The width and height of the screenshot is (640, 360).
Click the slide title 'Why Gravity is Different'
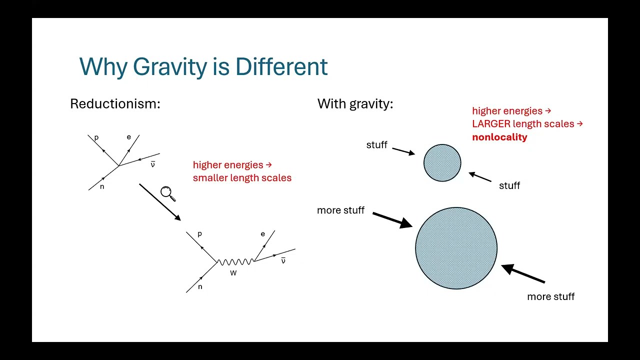[203, 66]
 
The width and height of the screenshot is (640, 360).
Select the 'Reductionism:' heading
[115, 104]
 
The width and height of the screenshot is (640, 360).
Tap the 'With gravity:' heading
[355, 104]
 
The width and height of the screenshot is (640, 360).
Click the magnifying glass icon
[167, 193]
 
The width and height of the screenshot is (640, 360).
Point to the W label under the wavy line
[233, 273]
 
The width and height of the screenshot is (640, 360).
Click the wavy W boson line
[235, 262]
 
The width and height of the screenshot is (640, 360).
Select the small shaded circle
[442, 162]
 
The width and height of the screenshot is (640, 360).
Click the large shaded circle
[456, 248]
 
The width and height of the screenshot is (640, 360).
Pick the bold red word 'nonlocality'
[499, 137]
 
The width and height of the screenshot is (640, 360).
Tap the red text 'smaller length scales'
[242, 177]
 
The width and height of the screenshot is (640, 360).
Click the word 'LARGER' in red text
[491, 123]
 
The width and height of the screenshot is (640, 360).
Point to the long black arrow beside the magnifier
[159, 202]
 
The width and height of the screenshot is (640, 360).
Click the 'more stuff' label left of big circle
[340, 210]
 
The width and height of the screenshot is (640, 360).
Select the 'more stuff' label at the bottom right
[550, 296]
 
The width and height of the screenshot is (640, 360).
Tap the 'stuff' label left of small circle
[376, 145]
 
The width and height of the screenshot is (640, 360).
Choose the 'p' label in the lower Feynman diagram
[199, 233]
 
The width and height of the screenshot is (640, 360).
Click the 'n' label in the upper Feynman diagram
[102, 186]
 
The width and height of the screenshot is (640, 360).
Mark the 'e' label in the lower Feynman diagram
[262, 234]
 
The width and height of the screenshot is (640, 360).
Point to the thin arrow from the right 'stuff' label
[480, 177]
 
